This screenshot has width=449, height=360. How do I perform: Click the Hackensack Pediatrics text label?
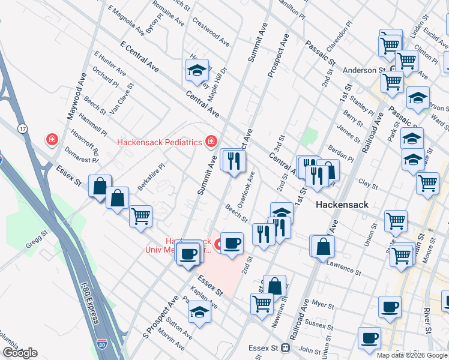click(x=159, y=142)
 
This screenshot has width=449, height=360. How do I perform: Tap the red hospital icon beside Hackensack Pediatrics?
click(x=211, y=142)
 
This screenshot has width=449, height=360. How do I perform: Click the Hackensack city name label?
click(x=341, y=204)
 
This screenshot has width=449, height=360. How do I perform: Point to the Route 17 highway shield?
click(x=22, y=128)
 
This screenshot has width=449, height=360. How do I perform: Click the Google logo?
click(x=19, y=353)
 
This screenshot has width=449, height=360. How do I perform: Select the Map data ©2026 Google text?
click(x=412, y=355)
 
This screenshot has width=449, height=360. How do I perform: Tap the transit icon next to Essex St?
click(x=286, y=347)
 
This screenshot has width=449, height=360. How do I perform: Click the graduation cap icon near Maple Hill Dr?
click(x=196, y=71)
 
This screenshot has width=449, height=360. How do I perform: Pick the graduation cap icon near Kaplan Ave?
click(x=199, y=311)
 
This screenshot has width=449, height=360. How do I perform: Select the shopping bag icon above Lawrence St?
click(x=322, y=245)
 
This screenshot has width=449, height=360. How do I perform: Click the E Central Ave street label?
click(x=139, y=58)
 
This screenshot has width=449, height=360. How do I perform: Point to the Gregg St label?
click(x=36, y=240)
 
